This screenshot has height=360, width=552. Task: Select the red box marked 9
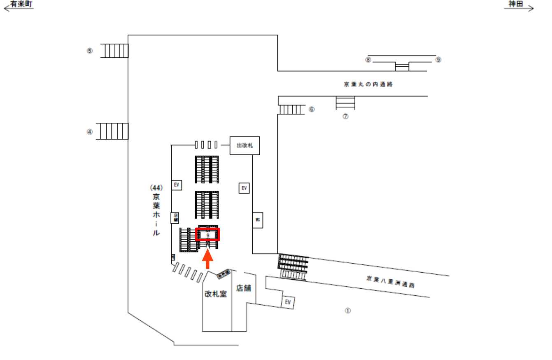tap(208, 234)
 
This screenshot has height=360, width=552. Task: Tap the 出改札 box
tap(245, 145)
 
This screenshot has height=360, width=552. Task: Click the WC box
tap(258, 220)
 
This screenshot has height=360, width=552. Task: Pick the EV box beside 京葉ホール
tap(176, 185)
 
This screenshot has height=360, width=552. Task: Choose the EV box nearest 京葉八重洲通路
tap(288, 302)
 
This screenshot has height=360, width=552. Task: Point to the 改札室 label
tap(216, 294)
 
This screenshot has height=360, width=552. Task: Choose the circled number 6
tap(312, 110)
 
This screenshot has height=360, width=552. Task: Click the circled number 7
tap(346, 117)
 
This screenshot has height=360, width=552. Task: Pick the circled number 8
tap(368, 60)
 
